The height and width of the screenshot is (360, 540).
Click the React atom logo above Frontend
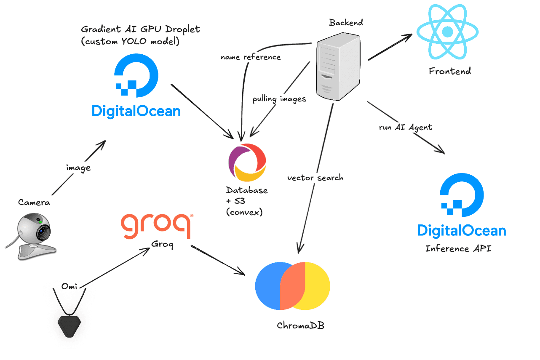[x=447, y=32]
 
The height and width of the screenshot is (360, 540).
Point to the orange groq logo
[x=157, y=226]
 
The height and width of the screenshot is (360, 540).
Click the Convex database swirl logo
[x=247, y=163]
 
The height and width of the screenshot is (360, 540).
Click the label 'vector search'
[x=315, y=178]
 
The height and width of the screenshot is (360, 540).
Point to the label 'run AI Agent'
[x=406, y=127]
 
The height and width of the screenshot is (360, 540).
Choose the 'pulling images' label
[x=279, y=99]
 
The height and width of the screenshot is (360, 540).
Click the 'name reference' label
[x=251, y=57]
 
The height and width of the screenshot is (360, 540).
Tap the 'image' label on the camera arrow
[x=78, y=168]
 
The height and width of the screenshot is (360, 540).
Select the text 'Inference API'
[x=458, y=248]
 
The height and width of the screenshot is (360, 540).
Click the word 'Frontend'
[x=449, y=71]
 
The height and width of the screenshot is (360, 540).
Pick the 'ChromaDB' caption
[x=301, y=325]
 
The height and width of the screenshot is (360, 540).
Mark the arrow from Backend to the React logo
[x=390, y=47]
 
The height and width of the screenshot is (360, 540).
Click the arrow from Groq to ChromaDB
[x=218, y=260]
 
